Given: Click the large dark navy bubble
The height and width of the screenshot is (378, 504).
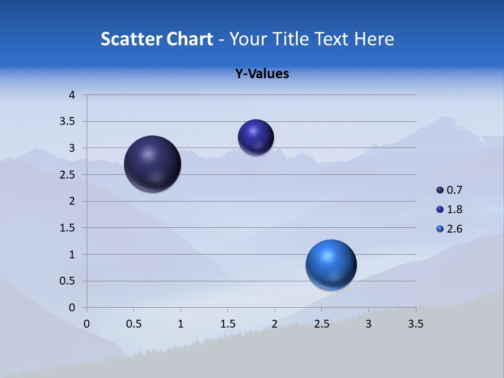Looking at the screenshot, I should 152,164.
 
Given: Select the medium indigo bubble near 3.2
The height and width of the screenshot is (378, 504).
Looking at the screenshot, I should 256,137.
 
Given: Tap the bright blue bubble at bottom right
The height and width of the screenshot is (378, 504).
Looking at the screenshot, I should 331,265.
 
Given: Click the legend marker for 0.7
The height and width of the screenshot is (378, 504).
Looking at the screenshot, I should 440,190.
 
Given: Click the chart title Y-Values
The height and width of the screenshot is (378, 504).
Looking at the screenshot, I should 261,74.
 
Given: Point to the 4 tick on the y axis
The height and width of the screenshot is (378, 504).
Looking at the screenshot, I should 72,95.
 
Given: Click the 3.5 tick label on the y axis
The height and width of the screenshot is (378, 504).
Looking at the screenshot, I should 69,122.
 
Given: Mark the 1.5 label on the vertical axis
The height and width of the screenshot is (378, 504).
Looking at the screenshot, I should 69,228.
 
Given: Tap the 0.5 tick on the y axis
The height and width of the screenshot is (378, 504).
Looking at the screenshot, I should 69,281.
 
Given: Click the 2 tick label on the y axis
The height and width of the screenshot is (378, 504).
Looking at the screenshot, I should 72,201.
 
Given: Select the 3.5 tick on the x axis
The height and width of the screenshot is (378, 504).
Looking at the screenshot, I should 415,324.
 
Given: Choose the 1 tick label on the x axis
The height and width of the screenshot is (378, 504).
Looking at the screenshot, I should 181,324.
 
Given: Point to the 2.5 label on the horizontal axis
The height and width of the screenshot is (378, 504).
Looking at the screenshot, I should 321,324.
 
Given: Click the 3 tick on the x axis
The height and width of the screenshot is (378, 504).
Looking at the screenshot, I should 369,324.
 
